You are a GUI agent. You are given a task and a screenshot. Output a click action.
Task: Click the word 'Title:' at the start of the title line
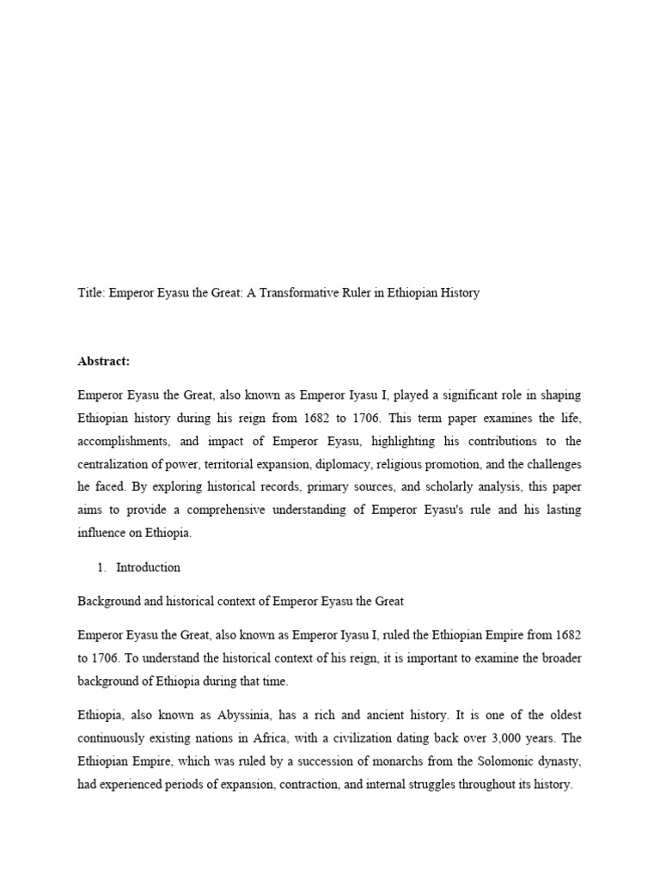(x=91, y=293)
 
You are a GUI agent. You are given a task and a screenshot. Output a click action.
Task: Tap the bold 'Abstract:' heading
(x=104, y=361)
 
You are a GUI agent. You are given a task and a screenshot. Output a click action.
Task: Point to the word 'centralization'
(x=116, y=465)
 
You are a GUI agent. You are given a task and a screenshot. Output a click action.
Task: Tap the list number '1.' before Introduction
(x=102, y=567)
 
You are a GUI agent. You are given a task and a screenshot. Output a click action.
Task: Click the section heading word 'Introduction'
(x=149, y=567)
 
